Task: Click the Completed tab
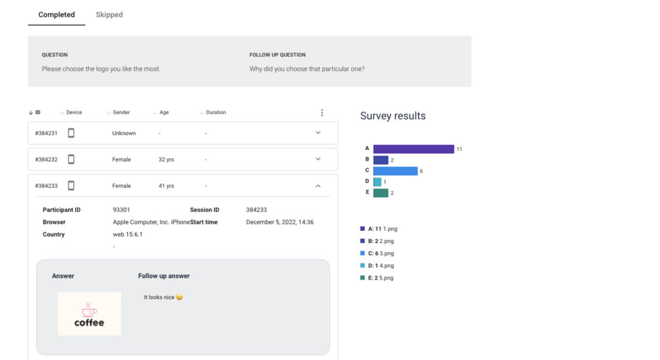point(57,15)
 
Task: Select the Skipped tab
point(109,15)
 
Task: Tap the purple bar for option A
point(413,149)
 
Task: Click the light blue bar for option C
point(395,171)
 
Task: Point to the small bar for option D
point(377,182)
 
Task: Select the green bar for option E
point(381,193)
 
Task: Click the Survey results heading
point(393,116)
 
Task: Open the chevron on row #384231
point(318,132)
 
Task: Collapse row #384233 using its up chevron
point(318,186)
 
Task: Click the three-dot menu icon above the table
point(322,113)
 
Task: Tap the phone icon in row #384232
point(71,159)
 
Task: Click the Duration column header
point(216,113)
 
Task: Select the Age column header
point(164,113)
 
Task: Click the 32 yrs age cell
point(166,160)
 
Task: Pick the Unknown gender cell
point(124,134)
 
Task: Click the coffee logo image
point(89,314)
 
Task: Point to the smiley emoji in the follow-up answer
point(179,297)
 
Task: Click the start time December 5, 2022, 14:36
point(279,223)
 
